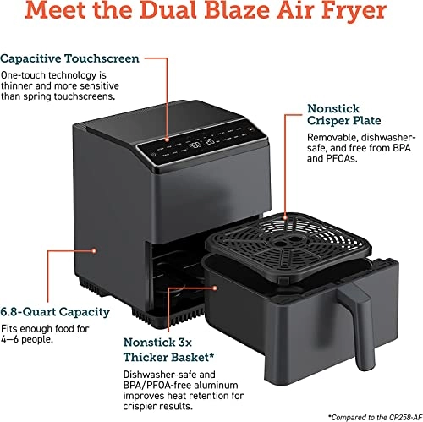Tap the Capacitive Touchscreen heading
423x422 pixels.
click(70, 58)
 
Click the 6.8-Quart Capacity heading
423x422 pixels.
click(55, 312)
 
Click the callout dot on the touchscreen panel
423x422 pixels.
click(166, 140)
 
